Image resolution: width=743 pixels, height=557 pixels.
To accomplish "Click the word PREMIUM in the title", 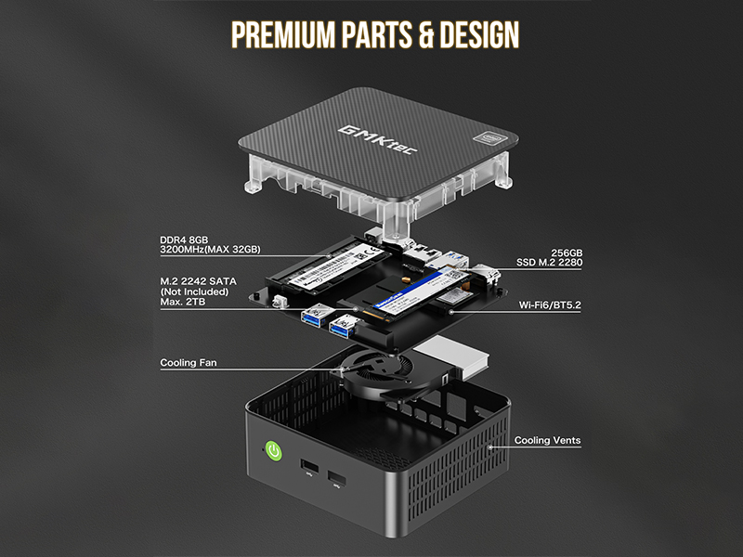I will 280,34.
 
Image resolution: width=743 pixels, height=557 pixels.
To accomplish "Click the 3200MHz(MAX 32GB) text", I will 210,251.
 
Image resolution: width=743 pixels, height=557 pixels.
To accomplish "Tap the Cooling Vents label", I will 548,441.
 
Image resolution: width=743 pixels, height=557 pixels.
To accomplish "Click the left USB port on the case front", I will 306,464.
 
